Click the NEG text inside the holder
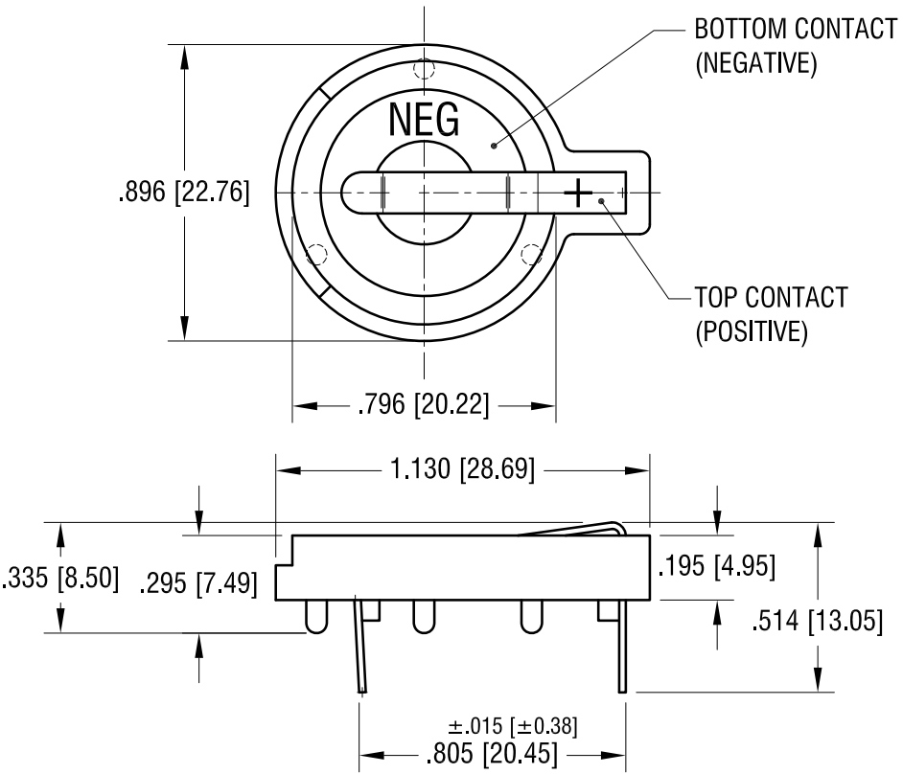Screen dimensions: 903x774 click(x=425, y=120)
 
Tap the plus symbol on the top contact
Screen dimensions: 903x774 click(x=578, y=193)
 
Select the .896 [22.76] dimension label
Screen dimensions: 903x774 click(x=184, y=192)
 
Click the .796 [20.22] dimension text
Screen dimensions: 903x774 click(x=424, y=404)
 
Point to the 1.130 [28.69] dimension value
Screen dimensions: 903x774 click(x=462, y=468)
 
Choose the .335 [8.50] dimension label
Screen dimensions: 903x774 click(x=60, y=578)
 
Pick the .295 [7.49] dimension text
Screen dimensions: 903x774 click(x=198, y=583)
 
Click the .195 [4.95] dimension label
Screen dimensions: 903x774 click(x=717, y=566)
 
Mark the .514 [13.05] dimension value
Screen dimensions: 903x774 click(x=817, y=621)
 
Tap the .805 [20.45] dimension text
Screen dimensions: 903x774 click(x=492, y=753)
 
